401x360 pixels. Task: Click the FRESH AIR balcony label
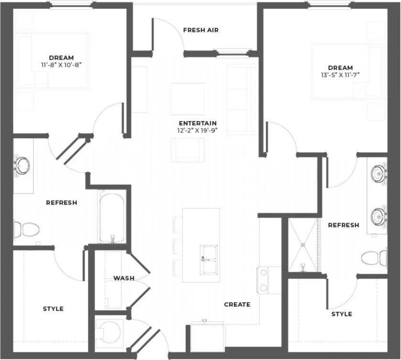coord(201,30)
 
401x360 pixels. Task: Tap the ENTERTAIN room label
coord(198,123)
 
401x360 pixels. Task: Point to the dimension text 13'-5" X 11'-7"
coord(340,75)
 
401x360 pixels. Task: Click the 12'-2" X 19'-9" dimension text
coord(198,130)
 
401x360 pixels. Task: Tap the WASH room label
coord(123,278)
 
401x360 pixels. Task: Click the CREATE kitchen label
coord(237,304)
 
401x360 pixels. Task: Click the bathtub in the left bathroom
coord(112,216)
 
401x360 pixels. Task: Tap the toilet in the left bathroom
coord(26,229)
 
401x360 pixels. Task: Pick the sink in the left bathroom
coord(22,165)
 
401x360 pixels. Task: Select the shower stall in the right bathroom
coord(303,245)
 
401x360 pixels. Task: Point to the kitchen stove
coord(262,280)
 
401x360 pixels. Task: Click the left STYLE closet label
coord(53,309)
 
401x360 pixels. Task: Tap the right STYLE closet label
coord(342,314)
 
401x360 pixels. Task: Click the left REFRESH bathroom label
coord(61,202)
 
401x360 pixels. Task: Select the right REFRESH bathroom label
coord(343,225)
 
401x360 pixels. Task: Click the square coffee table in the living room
coord(187,98)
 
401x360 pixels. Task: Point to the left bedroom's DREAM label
coord(61,57)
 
